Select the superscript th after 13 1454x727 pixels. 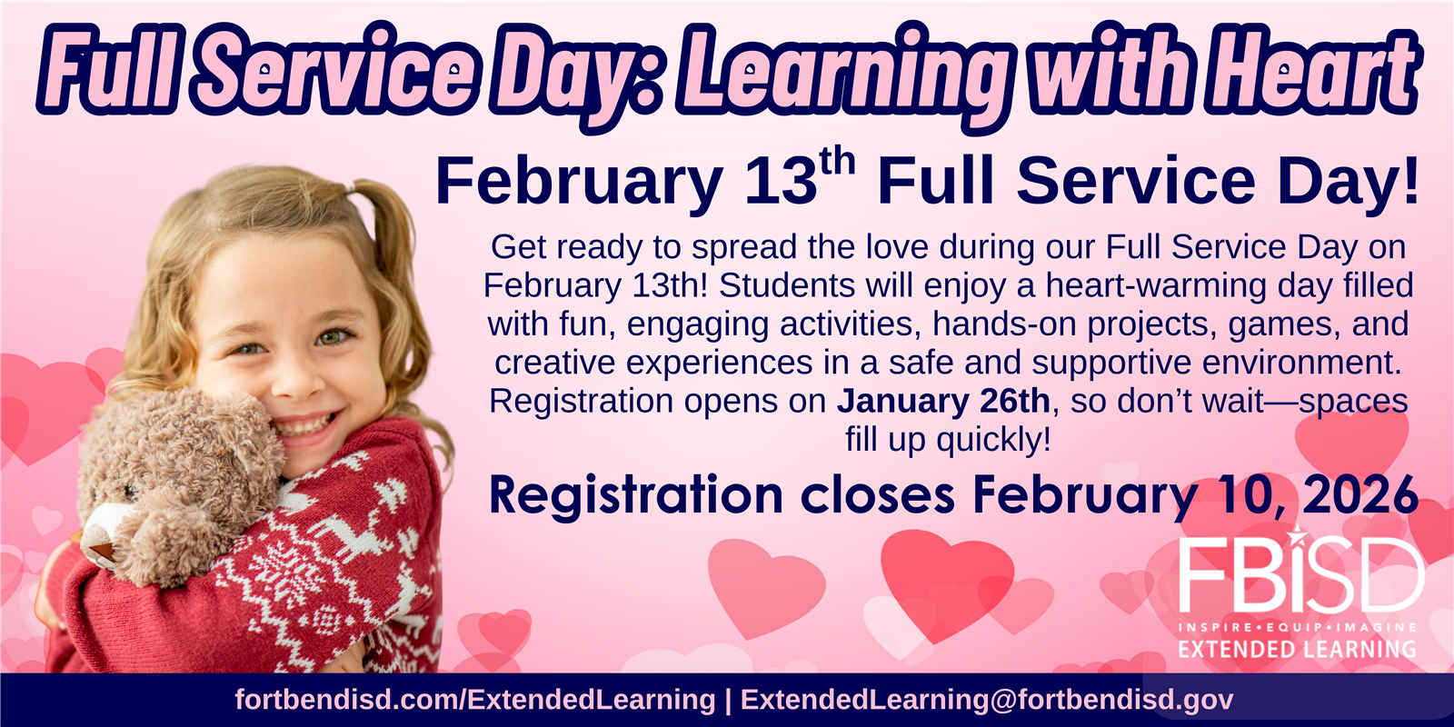pyautogui.click(x=837, y=163)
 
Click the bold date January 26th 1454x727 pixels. pyautogui.click(x=942, y=401)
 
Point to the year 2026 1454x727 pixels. pyautogui.click(x=1360, y=494)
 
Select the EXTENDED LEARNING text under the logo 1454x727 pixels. pyautogui.click(x=1298, y=649)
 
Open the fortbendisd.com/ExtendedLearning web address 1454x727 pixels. pyautogui.click(x=475, y=700)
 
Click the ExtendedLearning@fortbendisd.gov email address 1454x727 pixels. pyautogui.click(x=987, y=700)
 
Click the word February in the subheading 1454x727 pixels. pyautogui.click(x=579, y=181)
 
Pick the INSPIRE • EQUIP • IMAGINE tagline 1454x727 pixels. pyautogui.click(x=1298, y=628)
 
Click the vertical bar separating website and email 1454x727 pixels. pyautogui.click(x=728, y=700)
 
